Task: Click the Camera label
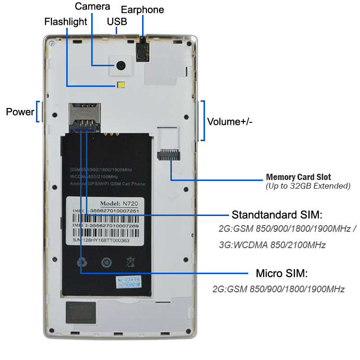tap(93, 7)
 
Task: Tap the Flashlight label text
tap(66, 22)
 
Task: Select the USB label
tap(118, 22)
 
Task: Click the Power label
tap(20, 112)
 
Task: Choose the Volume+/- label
tap(229, 121)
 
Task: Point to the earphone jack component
tap(143, 49)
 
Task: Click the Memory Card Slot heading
tap(299, 177)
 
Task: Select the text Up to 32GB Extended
tap(308, 186)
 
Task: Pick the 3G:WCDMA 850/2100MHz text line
tap(272, 245)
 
